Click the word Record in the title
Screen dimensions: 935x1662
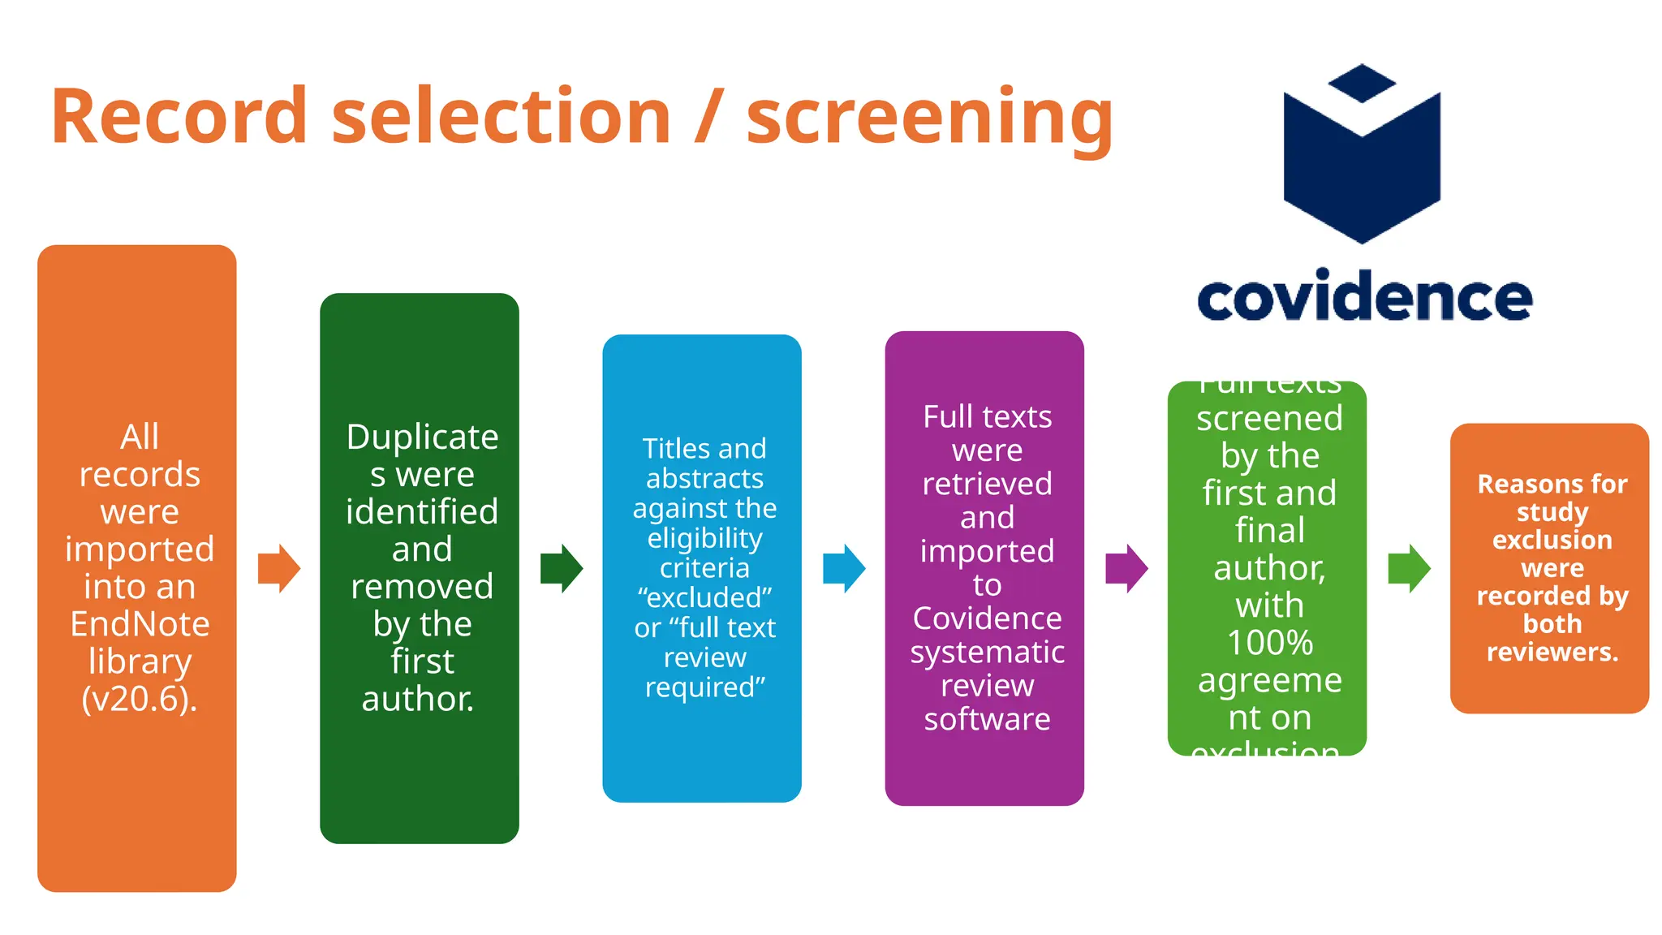[x=179, y=117]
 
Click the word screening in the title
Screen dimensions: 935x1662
[x=929, y=120]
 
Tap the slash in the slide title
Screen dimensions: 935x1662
[x=708, y=117]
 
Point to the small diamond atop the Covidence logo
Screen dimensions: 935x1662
[x=1362, y=83]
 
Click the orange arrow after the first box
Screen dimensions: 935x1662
[x=279, y=568]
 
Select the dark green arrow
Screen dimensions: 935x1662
[x=562, y=568]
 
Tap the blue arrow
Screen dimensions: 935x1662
[x=844, y=568]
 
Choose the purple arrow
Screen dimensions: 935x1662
[x=1126, y=568]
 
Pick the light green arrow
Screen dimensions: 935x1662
[x=1409, y=568]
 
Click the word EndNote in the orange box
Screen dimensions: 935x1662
[x=140, y=624]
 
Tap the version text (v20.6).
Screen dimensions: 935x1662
[x=140, y=699]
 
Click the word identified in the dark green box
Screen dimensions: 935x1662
[x=422, y=512]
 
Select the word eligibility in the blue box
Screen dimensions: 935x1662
[x=704, y=538]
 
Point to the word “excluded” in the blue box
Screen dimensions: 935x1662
[x=704, y=598]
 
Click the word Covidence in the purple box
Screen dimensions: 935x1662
[x=987, y=618]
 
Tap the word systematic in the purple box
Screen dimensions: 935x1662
[x=987, y=653]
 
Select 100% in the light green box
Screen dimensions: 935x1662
[x=1269, y=643]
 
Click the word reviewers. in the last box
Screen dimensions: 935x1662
[x=1552, y=652]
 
